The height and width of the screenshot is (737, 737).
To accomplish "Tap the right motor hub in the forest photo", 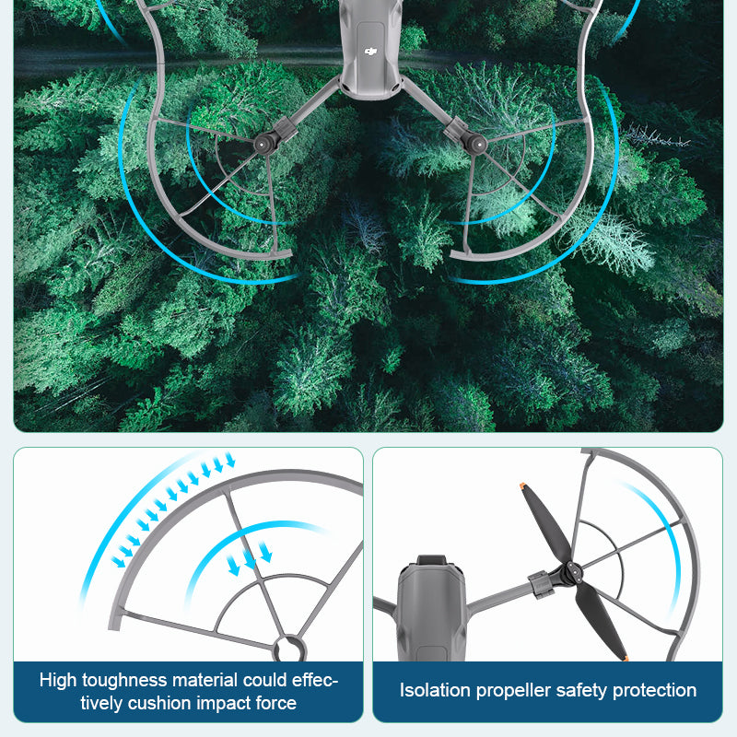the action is pos(476,145).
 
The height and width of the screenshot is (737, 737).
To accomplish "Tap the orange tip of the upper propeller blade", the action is pos(522,486).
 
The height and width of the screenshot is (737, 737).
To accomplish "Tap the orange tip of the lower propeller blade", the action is pos(626,658).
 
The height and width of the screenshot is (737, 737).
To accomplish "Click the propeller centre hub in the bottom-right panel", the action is pos(571,572).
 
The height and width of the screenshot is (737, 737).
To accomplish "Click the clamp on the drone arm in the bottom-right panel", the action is pos(541,585).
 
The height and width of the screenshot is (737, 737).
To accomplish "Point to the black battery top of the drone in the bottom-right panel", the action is pos(431,560).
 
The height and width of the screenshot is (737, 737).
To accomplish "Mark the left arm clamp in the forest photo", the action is pos(285,129).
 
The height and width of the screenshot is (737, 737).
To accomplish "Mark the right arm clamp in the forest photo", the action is pos(455,129).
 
